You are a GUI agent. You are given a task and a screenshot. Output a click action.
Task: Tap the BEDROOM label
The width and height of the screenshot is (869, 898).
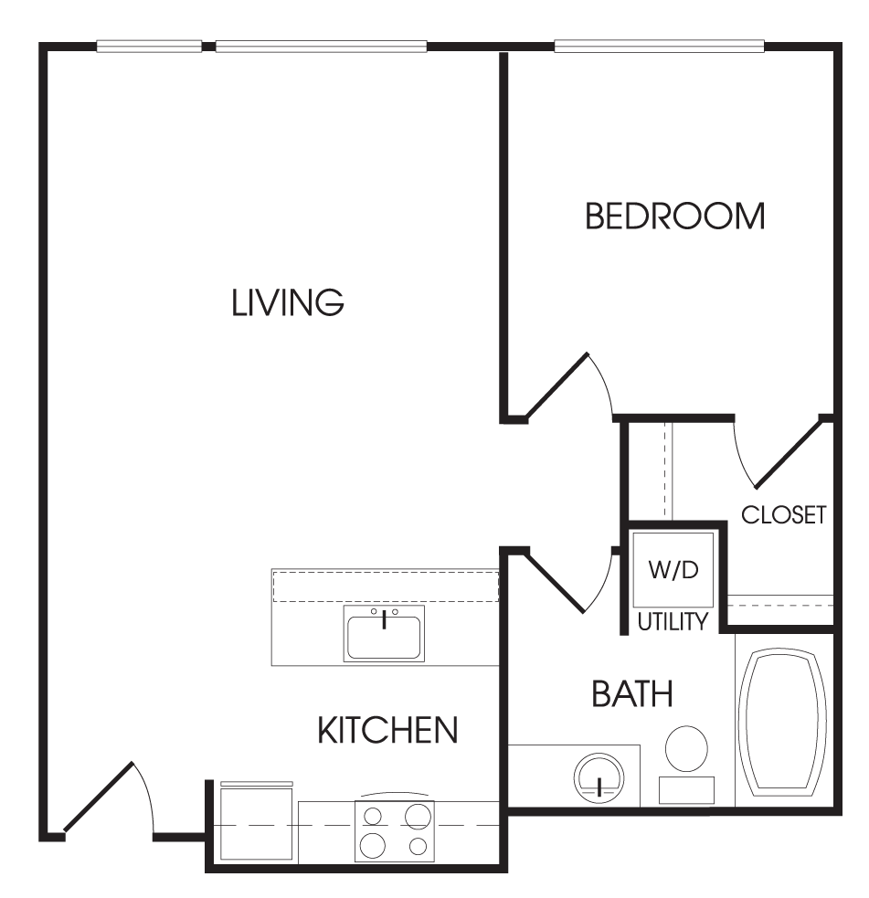[x=674, y=216]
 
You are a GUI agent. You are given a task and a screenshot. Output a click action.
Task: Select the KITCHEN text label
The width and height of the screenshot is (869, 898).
[x=387, y=730]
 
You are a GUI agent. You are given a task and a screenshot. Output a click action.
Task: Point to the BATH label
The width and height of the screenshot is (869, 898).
[x=631, y=693]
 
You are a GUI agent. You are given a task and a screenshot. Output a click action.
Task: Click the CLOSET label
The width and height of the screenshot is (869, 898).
[x=784, y=515]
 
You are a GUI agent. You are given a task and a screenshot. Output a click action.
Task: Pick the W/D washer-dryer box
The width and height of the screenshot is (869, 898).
[x=673, y=570]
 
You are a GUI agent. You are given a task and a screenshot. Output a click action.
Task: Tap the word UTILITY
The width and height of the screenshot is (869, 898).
[x=673, y=621]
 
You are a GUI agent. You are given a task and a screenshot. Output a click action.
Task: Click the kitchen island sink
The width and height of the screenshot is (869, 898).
[x=384, y=633]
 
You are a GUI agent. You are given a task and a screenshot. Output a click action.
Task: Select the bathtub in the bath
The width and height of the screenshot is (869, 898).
[x=782, y=721]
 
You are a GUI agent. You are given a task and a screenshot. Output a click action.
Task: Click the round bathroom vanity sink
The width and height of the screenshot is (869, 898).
[x=599, y=778]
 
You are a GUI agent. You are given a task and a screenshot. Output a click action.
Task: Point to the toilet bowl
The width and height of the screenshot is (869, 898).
[x=686, y=749]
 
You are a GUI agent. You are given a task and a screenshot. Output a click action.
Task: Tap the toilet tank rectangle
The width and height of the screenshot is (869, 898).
[x=686, y=790]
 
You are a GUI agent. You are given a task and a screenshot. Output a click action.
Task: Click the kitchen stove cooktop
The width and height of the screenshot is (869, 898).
[x=395, y=831]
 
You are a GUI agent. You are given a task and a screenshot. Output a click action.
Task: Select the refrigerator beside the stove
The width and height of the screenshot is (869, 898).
[x=257, y=823]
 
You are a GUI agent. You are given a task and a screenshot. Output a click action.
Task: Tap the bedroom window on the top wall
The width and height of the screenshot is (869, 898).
[x=659, y=47]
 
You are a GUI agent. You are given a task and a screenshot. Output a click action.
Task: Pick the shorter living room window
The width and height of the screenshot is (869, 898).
[x=149, y=47]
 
